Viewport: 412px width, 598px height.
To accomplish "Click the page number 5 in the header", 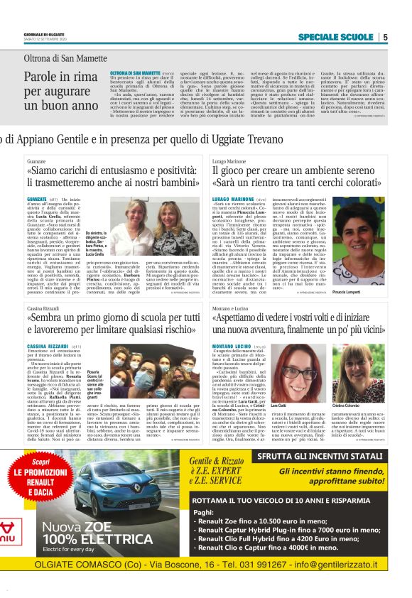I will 384,37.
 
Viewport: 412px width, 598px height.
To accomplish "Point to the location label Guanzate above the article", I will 37,162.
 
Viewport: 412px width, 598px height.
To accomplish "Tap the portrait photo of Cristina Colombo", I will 359,372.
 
